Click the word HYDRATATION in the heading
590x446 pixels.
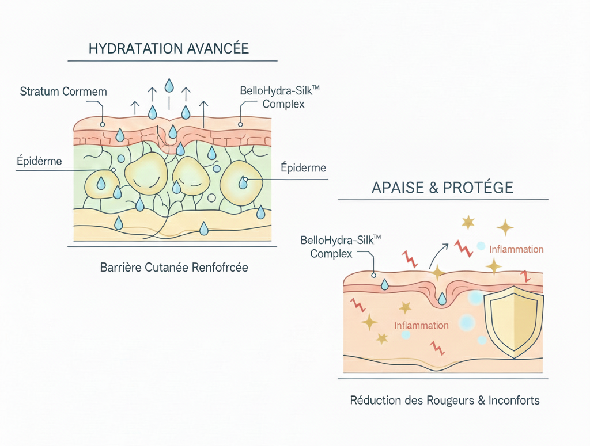128,48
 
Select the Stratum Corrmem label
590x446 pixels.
63,92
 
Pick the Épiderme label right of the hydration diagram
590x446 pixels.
303,168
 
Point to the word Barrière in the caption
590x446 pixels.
122,268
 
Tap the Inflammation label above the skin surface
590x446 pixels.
516,249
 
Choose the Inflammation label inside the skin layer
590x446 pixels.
421,325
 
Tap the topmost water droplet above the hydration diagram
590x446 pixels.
169,85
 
